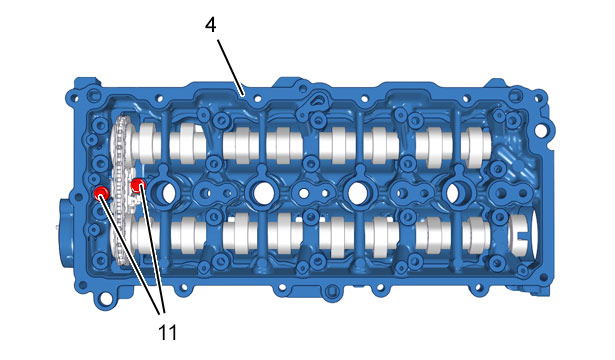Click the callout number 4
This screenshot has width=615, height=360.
coord(211,25)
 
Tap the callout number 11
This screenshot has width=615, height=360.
coord(167,333)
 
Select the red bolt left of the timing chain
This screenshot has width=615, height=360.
coord(102,193)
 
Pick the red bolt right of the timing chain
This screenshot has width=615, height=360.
coord(138,184)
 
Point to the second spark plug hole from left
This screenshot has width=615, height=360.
coord(263,192)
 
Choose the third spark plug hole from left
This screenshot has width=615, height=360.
coord(357,192)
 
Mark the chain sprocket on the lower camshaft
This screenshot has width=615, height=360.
coord(121,235)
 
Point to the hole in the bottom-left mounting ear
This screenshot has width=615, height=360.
coord(104,299)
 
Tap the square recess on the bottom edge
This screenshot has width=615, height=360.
coord(332,291)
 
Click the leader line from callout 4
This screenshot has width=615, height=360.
coord(231,67)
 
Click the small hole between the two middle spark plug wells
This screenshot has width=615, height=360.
coord(304,193)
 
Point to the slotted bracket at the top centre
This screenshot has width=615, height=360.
coord(313,106)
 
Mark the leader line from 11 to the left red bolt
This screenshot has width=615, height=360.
coord(131,254)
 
